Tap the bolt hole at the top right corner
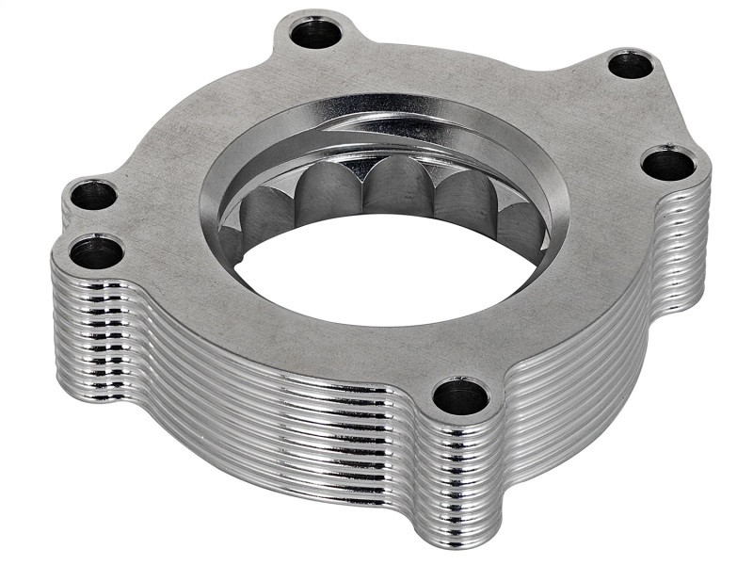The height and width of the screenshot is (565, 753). (630, 65)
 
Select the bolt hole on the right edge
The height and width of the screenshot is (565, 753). (669, 165)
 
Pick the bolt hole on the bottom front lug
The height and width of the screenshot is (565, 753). (461, 397)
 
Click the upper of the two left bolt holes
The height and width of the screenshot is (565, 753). (93, 196)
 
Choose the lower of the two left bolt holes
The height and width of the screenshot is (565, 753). (96, 252)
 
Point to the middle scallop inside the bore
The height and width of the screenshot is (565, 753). (399, 187)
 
